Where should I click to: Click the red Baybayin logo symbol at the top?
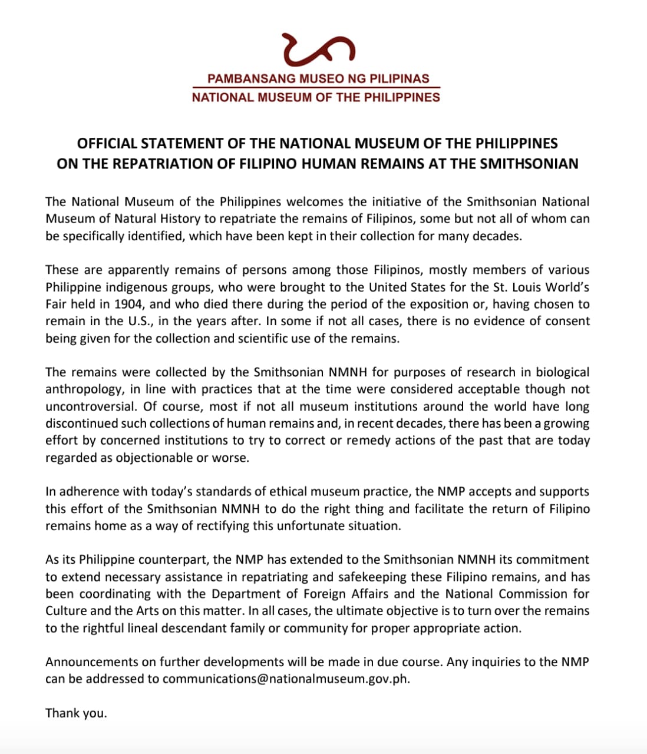[319, 49]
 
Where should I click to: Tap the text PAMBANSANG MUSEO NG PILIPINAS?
[318, 78]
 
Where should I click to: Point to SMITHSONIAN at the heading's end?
[529, 164]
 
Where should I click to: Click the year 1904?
[131, 304]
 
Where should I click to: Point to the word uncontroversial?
[90, 406]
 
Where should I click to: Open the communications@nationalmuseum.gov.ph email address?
[285, 679]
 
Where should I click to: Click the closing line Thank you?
[76, 713]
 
